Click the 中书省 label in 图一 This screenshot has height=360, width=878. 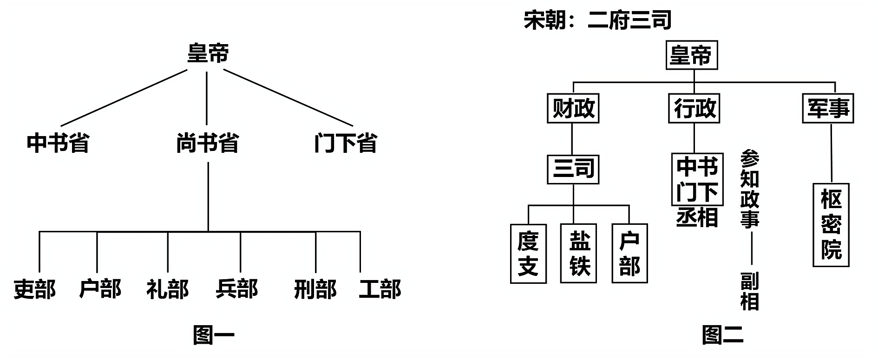(58, 143)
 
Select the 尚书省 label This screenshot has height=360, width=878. (207, 143)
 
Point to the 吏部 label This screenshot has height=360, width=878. (35, 289)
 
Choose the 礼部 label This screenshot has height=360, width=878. (168, 289)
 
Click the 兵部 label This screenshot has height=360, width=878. (237, 289)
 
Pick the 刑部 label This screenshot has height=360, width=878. (315, 289)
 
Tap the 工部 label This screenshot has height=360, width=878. (380, 289)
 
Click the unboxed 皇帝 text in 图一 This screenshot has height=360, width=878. (208, 53)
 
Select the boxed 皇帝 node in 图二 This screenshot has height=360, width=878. (691, 55)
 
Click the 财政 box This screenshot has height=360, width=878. (573, 109)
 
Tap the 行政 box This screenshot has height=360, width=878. (694, 109)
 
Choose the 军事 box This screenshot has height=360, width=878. (828, 109)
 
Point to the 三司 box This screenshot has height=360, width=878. (573, 168)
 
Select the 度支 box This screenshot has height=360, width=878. (528, 254)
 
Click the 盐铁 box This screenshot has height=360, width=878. (579, 254)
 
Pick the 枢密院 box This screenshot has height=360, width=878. (831, 225)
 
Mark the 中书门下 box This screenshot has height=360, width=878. (697, 179)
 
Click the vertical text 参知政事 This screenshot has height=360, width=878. (749, 189)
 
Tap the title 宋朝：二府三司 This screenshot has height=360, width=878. (597, 20)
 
